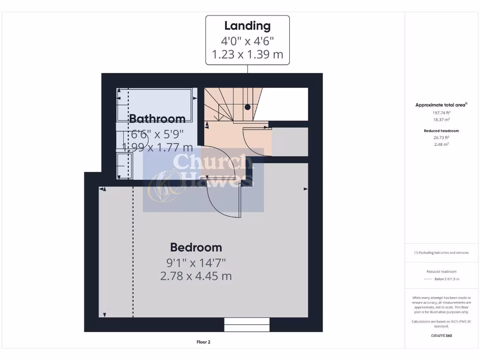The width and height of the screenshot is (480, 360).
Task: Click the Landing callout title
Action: [x=247, y=26]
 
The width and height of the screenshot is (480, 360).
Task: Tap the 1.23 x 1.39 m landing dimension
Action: [x=247, y=54]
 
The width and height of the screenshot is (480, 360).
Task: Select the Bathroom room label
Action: [x=157, y=119]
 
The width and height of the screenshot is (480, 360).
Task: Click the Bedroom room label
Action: [x=196, y=247]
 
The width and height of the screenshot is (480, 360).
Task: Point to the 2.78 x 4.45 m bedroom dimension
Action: [x=196, y=276]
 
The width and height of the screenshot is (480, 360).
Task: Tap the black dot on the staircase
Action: [x=247, y=107]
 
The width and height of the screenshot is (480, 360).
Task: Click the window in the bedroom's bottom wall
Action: [x=247, y=324]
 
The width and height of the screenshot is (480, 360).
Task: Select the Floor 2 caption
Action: [x=203, y=342]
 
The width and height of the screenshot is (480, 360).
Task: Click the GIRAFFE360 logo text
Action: [x=441, y=336]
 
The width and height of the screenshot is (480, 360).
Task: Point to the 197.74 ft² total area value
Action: [x=441, y=112]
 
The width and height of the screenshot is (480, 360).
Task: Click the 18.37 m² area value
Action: [x=441, y=120]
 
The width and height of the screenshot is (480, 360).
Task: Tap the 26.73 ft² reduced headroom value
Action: [x=441, y=137]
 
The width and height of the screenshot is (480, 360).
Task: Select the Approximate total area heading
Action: [x=441, y=105]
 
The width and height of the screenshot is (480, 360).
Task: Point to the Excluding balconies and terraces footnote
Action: [x=441, y=253]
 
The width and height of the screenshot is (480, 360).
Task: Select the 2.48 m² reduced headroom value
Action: [x=441, y=144]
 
